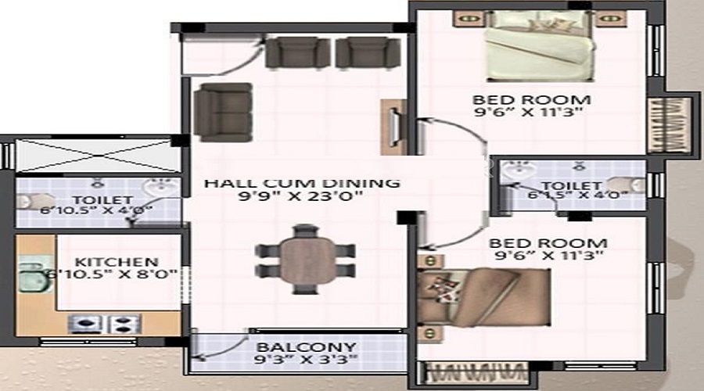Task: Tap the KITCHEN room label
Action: coord(117,261)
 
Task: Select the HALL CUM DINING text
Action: coord(303,183)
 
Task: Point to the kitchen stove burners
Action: coord(104,322)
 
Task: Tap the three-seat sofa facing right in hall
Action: coord(222,111)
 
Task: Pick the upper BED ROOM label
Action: coord(531,100)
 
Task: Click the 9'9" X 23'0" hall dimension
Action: coord(303,198)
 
